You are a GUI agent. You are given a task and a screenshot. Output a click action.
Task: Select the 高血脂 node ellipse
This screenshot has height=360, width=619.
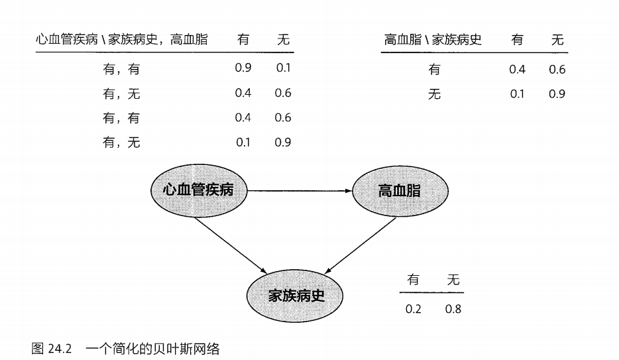[x=399, y=191]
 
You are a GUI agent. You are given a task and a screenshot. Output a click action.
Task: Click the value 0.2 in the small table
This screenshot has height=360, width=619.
[x=414, y=309]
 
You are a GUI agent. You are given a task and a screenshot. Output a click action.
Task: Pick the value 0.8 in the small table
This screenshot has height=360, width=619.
[x=453, y=309]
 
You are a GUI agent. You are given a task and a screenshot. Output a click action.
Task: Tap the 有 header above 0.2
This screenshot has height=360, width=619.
[x=414, y=280]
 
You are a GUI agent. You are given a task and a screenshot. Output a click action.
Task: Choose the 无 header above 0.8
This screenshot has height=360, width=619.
[x=453, y=280]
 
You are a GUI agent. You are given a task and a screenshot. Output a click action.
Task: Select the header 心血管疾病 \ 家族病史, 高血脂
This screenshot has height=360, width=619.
[x=122, y=40]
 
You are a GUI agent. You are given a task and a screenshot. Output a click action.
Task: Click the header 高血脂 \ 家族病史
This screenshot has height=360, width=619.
[x=433, y=40]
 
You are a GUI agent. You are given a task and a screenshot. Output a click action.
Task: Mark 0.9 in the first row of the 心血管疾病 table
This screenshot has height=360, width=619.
[x=243, y=68]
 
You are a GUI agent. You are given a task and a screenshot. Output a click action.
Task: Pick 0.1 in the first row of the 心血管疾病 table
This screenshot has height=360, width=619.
[x=283, y=68]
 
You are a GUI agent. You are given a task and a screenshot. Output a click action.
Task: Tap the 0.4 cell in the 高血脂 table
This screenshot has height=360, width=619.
[x=517, y=69]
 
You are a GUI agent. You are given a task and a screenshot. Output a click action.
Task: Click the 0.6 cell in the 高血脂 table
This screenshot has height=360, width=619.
[x=557, y=69]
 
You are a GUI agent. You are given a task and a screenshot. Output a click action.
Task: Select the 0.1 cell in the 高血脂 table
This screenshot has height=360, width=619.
[x=517, y=93]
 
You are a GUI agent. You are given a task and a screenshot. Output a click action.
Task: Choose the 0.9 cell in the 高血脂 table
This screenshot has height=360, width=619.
[x=557, y=93]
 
